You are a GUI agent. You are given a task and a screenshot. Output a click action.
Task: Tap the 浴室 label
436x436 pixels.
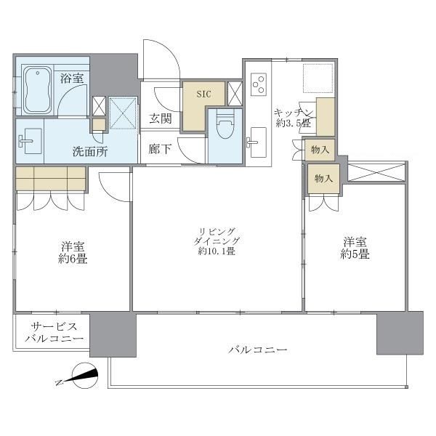point(71,78)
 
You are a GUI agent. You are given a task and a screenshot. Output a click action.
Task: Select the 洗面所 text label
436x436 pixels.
point(89,152)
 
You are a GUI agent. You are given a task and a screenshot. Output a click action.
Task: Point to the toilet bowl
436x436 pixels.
point(225,129)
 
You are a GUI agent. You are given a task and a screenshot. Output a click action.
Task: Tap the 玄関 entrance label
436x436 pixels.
point(161,118)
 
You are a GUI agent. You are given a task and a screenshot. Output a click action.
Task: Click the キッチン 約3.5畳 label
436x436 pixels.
point(294,118)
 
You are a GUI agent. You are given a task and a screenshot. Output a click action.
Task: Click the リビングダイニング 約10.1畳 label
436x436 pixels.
point(215,242)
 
